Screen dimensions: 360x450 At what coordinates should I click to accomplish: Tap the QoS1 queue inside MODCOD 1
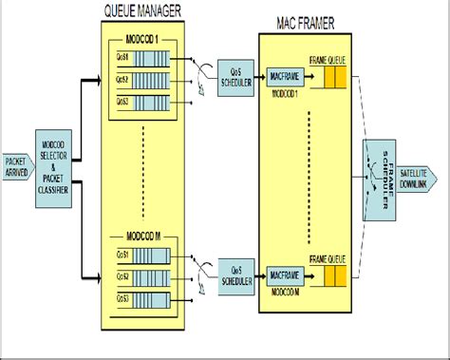point(142,60)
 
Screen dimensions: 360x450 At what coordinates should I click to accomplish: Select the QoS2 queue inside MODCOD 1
point(142,80)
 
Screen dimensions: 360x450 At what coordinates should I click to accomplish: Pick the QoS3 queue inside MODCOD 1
point(142,101)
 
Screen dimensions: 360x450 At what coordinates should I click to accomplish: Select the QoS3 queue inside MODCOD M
point(142,298)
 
